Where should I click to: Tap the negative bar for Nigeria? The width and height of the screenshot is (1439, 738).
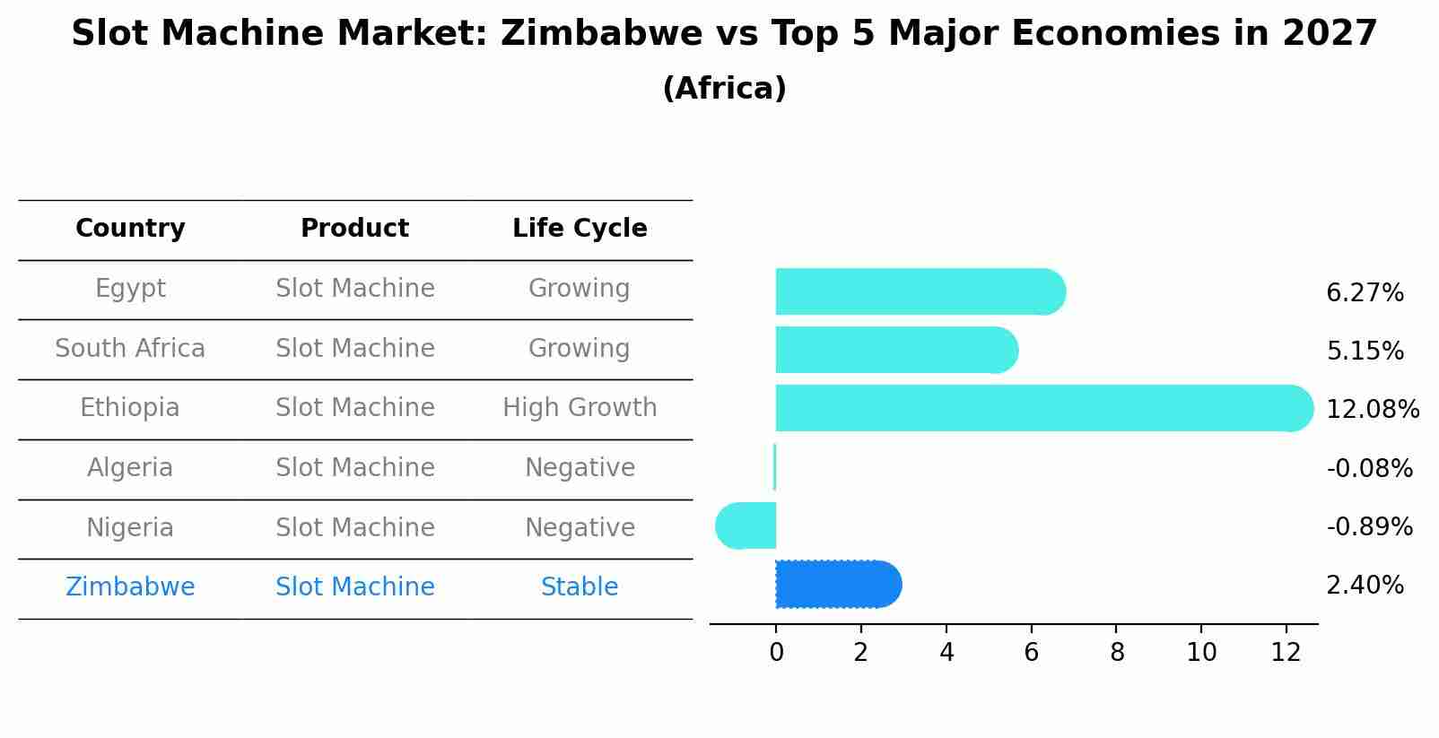pos(746,525)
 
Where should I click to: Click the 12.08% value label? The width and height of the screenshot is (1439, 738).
pos(1372,410)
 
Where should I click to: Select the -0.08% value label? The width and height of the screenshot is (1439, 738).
pos(1369,468)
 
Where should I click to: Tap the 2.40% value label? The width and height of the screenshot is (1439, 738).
pos(1365,586)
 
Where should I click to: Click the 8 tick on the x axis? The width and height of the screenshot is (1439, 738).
pos(1116,653)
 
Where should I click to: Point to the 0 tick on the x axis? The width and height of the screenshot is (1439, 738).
pos(776,653)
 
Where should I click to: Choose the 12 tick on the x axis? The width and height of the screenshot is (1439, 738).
pos(1286,653)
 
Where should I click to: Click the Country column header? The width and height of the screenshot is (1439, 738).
pos(130,229)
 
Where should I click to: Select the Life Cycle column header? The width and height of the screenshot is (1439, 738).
pos(580,229)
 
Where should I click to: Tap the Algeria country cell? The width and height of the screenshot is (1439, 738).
pos(130,468)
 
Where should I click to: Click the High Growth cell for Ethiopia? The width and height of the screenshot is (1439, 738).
pos(580,408)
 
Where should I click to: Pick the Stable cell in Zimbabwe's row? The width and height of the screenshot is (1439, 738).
pos(580,587)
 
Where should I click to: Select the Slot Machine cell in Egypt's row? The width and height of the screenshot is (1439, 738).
pos(355,289)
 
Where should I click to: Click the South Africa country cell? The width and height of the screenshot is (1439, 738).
pos(130,349)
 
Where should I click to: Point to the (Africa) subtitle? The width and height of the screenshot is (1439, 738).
pos(724,89)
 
